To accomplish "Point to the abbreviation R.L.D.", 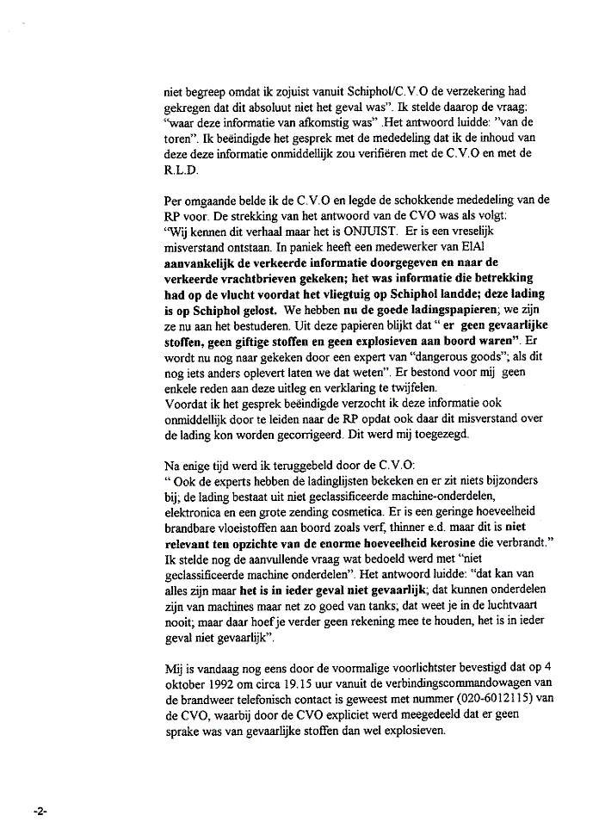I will [x=180, y=170].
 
